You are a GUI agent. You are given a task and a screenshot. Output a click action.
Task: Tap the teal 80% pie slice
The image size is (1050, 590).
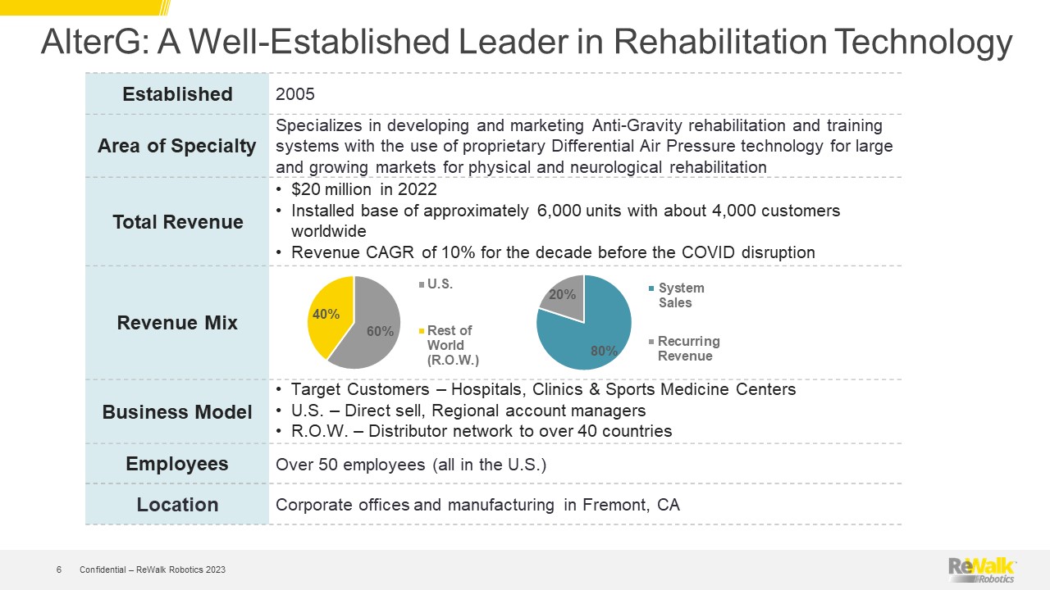[591, 337]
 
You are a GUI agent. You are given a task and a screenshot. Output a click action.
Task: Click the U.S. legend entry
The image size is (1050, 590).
[436, 284]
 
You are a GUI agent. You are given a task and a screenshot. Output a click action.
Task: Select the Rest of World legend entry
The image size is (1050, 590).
[449, 345]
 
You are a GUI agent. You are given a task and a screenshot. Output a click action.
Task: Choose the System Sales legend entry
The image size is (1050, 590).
[677, 295]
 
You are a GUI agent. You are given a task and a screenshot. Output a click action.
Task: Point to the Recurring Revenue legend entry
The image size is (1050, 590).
[684, 348]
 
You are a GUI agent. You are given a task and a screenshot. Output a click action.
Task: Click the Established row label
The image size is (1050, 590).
[177, 94]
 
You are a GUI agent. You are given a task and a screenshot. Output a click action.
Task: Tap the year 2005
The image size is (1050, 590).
[294, 94]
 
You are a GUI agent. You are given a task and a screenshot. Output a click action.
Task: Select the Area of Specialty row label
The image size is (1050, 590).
[176, 146]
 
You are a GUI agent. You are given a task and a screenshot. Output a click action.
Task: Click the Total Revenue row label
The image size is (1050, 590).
[178, 222]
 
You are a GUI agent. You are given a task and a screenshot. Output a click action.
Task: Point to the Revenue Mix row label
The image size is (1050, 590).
[177, 323]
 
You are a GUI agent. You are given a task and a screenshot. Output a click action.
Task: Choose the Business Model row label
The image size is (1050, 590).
[177, 412]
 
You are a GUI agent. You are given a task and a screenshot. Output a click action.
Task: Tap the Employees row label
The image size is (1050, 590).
[177, 464]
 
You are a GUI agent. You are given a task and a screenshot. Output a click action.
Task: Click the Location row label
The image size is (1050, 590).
[177, 504]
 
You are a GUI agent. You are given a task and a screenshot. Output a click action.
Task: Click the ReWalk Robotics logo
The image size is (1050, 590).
[982, 570]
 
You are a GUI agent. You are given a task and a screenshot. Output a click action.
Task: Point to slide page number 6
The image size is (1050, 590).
[58, 570]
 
